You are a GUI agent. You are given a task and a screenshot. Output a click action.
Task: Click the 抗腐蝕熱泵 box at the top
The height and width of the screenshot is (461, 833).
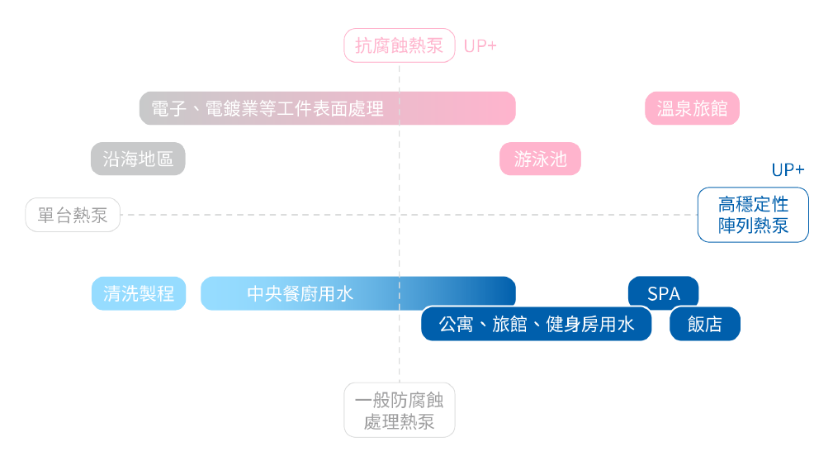pos(400,45)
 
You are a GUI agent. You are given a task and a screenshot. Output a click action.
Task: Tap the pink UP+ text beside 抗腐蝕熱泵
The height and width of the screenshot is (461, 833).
pos(480,46)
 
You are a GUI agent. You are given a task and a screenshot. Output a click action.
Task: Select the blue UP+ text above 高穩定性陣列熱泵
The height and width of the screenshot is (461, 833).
pos(788,170)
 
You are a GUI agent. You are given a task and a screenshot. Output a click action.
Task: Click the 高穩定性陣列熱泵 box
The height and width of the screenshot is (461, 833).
pos(753,215)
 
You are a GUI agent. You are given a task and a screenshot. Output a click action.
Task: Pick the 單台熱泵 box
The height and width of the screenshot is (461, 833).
pos(73,215)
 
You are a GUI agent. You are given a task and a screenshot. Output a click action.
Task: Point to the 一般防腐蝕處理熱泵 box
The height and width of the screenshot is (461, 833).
pos(400,410)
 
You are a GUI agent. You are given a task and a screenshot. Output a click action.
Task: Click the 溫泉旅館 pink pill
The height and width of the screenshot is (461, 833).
pos(692,108)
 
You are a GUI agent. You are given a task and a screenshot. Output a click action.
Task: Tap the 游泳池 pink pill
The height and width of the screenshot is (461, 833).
pos(540,159)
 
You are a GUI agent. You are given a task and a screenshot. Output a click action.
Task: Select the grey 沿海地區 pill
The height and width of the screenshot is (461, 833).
pos(138,159)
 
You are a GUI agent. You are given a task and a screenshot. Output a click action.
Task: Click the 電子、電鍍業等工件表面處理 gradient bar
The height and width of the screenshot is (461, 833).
pos(327,108)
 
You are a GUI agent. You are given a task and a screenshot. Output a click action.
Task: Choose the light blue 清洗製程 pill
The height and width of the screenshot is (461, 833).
pos(139,293)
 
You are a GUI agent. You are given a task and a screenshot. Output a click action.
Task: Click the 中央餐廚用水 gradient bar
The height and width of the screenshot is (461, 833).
pos(358,293)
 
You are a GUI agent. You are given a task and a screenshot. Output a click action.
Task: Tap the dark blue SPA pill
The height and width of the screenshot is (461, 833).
pos(664,293)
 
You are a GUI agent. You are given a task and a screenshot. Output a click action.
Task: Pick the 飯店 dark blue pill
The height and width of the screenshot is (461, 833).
pos(705,324)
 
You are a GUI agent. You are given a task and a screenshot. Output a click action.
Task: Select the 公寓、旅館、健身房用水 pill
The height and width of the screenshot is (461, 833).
pos(537,324)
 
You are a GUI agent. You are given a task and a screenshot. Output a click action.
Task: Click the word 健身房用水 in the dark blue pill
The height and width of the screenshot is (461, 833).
pos(590,324)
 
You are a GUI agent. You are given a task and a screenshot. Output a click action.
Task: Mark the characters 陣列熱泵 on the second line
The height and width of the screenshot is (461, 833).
pos(753,226)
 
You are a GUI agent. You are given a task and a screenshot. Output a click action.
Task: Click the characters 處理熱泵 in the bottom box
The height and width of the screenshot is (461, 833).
pos(400,421)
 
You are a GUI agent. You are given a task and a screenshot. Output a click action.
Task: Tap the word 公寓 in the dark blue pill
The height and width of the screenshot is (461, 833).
pos(456,324)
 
